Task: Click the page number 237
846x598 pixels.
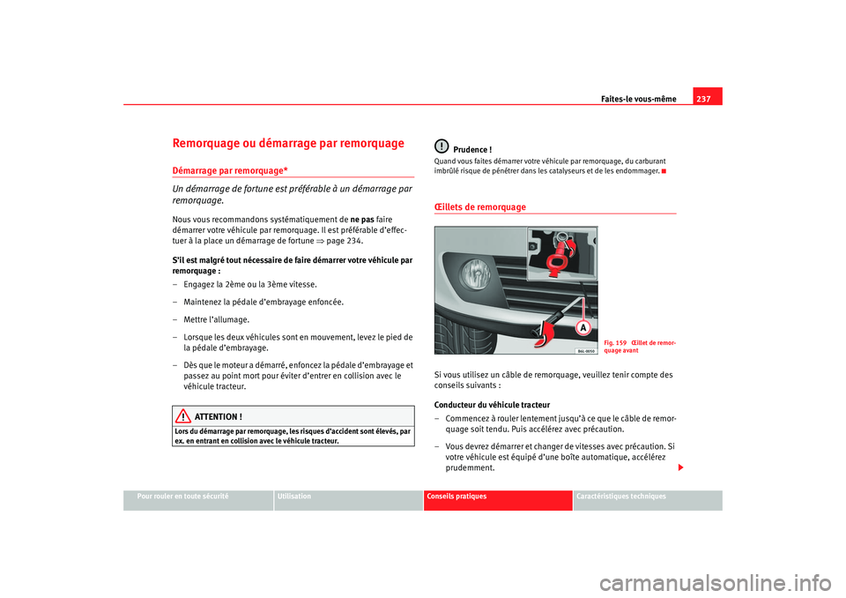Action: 707,98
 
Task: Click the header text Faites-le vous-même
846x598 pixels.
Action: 640,99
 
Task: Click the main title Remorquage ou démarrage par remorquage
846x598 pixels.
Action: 289,143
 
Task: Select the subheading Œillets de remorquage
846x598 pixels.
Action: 479,207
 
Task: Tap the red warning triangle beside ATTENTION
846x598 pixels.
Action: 182,416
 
